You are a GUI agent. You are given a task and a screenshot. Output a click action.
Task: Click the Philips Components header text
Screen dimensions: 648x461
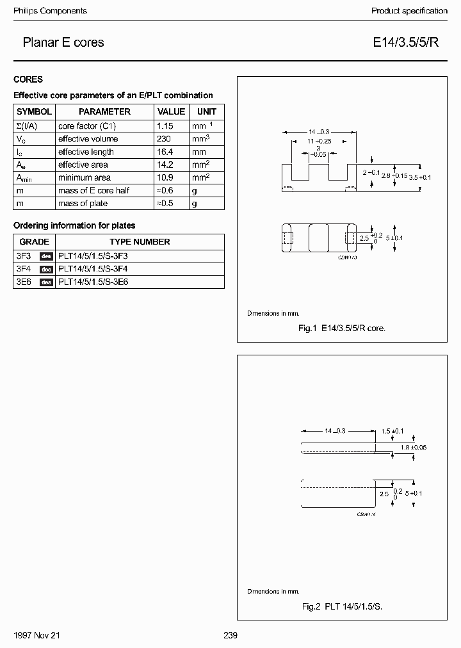point(50,11)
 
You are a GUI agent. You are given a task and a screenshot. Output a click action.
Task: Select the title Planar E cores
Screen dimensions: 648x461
point(63,43)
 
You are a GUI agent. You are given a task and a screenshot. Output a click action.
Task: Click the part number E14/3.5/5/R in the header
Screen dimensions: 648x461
point(406,43)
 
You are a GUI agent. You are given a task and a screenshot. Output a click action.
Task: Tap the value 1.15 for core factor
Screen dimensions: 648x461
point(165,126)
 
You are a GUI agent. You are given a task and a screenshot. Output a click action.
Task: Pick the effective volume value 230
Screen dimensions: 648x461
point(163,139)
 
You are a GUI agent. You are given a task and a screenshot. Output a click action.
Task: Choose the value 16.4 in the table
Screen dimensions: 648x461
point(165,152)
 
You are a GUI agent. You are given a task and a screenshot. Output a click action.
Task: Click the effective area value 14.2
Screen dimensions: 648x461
point(165,165)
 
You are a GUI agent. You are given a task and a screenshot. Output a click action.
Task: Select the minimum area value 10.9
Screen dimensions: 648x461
point(165,177)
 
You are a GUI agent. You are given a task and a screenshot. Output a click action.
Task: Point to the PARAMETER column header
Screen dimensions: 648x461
point(104,111)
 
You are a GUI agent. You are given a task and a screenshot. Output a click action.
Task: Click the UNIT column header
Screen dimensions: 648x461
point(206,111)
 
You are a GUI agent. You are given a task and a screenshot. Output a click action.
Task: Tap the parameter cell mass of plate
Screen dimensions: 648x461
point(83,203)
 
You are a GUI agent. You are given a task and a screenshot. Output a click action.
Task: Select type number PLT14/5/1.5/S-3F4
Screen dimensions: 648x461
point(93,269)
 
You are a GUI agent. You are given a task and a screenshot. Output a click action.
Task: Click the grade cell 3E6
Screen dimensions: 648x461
point(24,282)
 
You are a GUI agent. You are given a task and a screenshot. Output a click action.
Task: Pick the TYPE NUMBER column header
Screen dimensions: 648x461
point(140,242)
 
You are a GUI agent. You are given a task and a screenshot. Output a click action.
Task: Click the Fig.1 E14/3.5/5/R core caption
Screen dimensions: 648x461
point(342,328)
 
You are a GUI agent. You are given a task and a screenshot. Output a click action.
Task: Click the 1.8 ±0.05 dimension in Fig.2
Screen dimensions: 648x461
point(414,447)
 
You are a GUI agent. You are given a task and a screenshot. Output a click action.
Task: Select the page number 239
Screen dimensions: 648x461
point(230,635)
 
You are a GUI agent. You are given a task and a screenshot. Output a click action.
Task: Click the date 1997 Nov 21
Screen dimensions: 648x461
point(36,635)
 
